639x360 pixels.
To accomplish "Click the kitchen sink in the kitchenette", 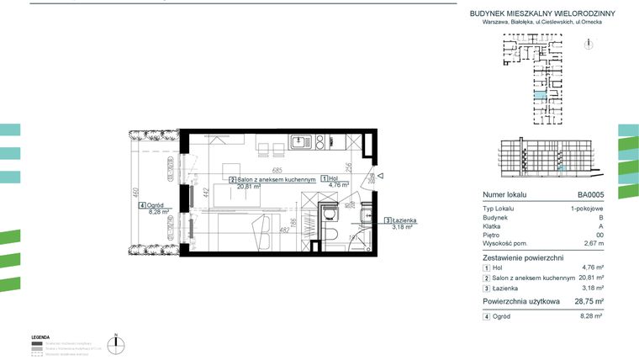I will point(301,143).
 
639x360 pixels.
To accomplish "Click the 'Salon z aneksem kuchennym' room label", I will point(277,179).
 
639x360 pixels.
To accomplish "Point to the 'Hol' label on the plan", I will point(333,178).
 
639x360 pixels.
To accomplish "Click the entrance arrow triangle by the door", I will point(380,177).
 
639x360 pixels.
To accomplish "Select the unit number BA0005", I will point(590,193).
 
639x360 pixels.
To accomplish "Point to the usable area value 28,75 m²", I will point(587,300).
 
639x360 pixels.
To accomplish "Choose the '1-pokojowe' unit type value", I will point(586,208).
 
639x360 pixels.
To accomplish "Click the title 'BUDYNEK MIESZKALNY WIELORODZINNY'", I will point(542,13).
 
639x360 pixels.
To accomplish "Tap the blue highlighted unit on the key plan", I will point(537,99).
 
